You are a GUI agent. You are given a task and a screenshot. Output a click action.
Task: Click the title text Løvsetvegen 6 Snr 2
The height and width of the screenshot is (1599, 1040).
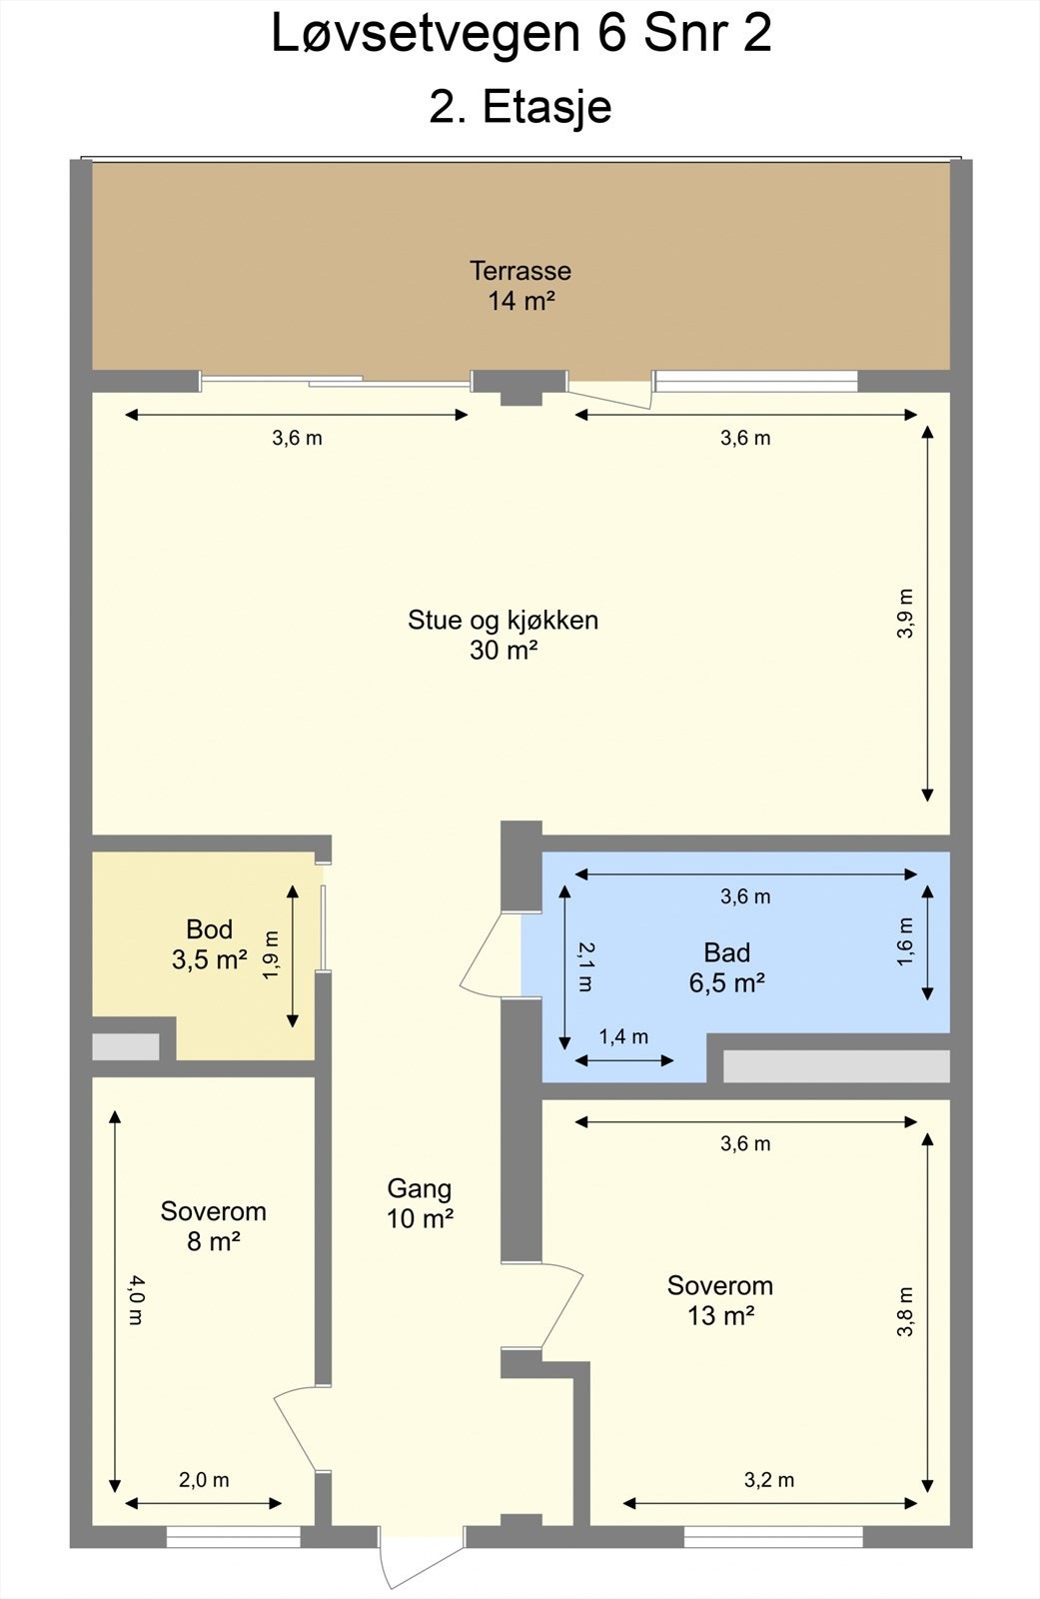[x=521, y=34]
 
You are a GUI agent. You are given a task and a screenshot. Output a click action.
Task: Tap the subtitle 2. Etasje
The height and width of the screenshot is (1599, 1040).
[x=520, y=107]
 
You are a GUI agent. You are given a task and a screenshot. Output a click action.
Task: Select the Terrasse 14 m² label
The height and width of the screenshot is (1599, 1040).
[x=520, y=286]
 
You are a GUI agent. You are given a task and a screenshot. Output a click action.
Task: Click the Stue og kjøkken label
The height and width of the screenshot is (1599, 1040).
[x=503, y=620]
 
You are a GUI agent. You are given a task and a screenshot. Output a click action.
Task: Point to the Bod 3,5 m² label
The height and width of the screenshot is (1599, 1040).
[x=209, y=944]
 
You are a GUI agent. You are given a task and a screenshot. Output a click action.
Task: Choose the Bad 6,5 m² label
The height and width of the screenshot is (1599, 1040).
[x=726, y=968]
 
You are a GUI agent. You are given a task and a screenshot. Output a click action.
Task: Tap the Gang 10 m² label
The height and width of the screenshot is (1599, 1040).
[x=420, y=1203]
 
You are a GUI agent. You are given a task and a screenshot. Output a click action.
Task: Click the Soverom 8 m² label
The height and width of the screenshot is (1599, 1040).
[x=213, y=1226]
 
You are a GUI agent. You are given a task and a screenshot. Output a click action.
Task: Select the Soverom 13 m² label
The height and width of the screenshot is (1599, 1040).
[x=720, y=1300]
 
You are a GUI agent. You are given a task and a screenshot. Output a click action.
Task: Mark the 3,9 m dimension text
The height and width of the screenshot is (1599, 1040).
[x=904, y=614]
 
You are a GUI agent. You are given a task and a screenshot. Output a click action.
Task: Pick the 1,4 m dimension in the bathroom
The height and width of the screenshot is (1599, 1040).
[x=623, y=1036]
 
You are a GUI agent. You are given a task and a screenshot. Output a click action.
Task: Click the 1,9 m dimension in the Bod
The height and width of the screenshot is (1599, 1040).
[x=271, y=955]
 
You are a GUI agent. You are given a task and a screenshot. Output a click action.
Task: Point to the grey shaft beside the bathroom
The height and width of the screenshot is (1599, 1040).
[x=836, y=1066]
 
